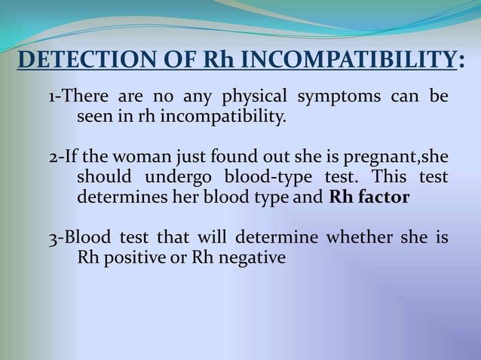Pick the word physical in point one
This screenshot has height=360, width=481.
pos(253,97)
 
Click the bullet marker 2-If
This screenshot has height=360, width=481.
pos(65,158)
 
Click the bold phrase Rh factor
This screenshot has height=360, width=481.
pos(369,198)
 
